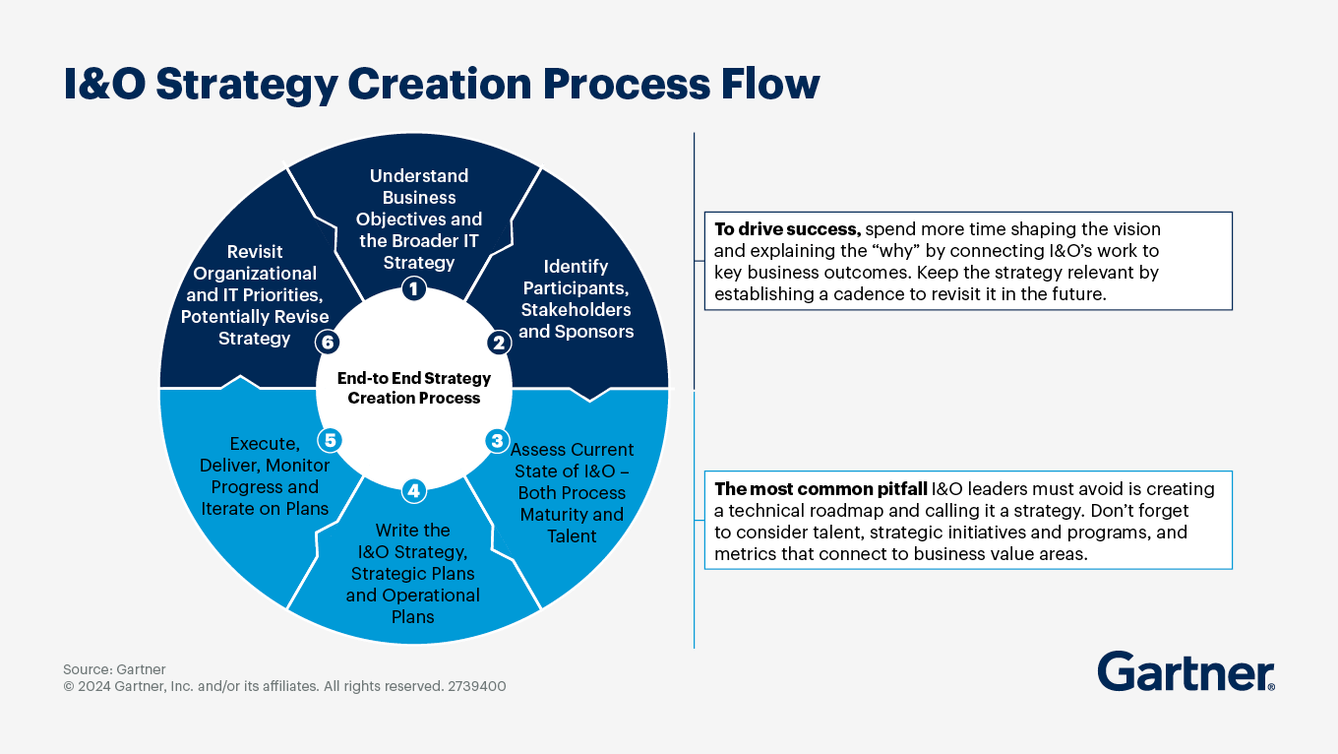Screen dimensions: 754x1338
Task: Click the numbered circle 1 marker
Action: click(x=414, y=288)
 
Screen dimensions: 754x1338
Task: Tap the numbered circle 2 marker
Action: click(x=498, y=343)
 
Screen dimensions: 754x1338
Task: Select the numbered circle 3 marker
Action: click(x=498, y=440)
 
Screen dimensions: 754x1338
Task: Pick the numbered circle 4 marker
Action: click(x=414, y=490)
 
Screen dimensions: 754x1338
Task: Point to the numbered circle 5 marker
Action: click(x=331, y=440)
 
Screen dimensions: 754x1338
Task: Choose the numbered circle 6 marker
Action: click(x=327, y=342)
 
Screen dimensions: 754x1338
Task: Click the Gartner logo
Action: click(x=1186, y=672)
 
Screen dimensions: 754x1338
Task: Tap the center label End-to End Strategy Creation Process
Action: click(x=414, y=388)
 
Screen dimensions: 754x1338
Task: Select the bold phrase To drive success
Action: click(x=787, y=229)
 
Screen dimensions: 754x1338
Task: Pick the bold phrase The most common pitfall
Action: click(x=821, y=489)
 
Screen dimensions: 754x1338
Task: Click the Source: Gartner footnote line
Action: click(x=114, y=669)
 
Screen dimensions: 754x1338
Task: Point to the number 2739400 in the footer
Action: click(x=476, y=686)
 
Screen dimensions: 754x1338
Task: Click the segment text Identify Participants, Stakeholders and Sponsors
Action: click(x=576, y=299)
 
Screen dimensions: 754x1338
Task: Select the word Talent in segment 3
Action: click(x=572, y=536)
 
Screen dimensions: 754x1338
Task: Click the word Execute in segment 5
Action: click(x=265, y=444)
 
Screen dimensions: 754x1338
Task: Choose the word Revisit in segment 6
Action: click(x=255, y=252)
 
